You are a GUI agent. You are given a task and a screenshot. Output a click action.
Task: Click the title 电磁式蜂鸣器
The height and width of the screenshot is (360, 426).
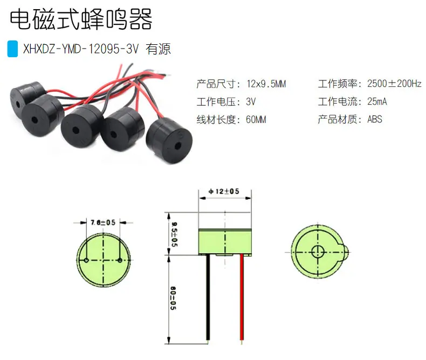coord(81,19)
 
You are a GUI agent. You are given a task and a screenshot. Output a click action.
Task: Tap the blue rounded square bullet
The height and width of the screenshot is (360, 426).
coord(12,49)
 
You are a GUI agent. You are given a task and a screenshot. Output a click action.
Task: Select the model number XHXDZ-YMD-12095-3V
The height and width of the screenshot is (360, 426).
coord(81,49)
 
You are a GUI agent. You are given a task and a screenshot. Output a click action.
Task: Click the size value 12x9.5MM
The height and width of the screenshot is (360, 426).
coord(266,84)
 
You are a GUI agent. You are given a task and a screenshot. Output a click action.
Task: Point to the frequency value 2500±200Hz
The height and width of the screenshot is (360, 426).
coord(394,84)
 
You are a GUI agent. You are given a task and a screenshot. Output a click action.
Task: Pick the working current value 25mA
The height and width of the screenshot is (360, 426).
coord(377,101)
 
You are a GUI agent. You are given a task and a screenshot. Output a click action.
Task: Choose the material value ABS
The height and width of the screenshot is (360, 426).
coord(375,119)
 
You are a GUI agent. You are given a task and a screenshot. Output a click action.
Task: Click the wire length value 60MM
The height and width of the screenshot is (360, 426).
coord(256,119)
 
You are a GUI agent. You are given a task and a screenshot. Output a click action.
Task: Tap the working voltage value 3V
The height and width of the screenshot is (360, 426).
coord(251,101)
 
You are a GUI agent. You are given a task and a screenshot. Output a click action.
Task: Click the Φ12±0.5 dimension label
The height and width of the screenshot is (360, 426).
coord(224,192)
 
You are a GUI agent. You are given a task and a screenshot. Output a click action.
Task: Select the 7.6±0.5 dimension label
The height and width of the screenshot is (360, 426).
coord(103,222)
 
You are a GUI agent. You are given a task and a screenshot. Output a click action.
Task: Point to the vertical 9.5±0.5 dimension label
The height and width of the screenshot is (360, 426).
coord(174,234)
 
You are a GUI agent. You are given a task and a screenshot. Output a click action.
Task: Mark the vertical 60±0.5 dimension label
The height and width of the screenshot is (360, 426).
coord(173,298)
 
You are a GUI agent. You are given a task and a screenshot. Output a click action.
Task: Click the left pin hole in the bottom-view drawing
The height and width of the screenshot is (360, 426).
coord(86,260)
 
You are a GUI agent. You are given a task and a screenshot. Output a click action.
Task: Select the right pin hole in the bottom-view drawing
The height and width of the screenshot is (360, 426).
coord(120,260)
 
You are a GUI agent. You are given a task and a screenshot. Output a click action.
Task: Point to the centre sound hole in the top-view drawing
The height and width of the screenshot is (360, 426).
coord(318,252)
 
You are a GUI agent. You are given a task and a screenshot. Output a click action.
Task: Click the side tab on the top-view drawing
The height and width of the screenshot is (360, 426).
coord(346,252)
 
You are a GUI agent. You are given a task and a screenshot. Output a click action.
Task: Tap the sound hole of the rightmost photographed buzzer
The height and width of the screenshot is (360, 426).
coord(178,146)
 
